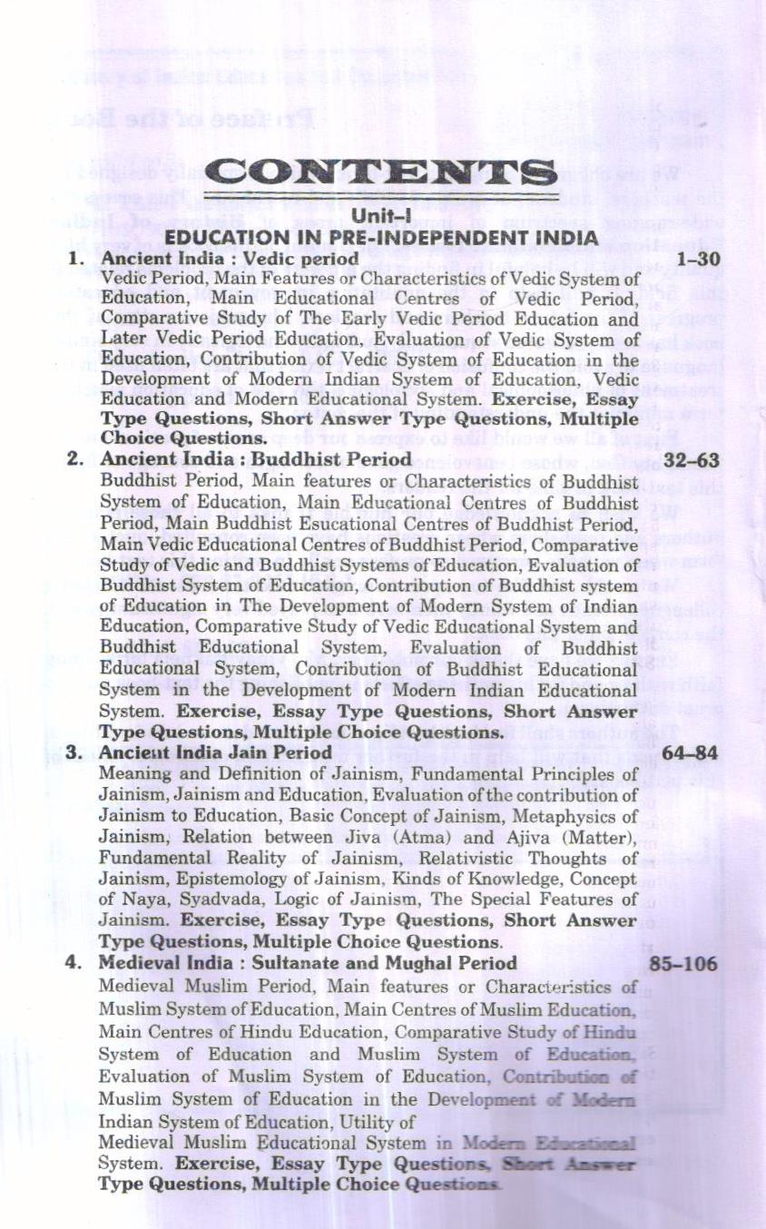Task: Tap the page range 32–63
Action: point(691,460)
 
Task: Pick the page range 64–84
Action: point(690,752)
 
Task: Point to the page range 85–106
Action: point(683,963)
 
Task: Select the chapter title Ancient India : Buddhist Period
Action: point(255,459)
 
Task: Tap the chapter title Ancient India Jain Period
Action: point(215,752)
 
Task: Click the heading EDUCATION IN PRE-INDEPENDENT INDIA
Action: point(381,239)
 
